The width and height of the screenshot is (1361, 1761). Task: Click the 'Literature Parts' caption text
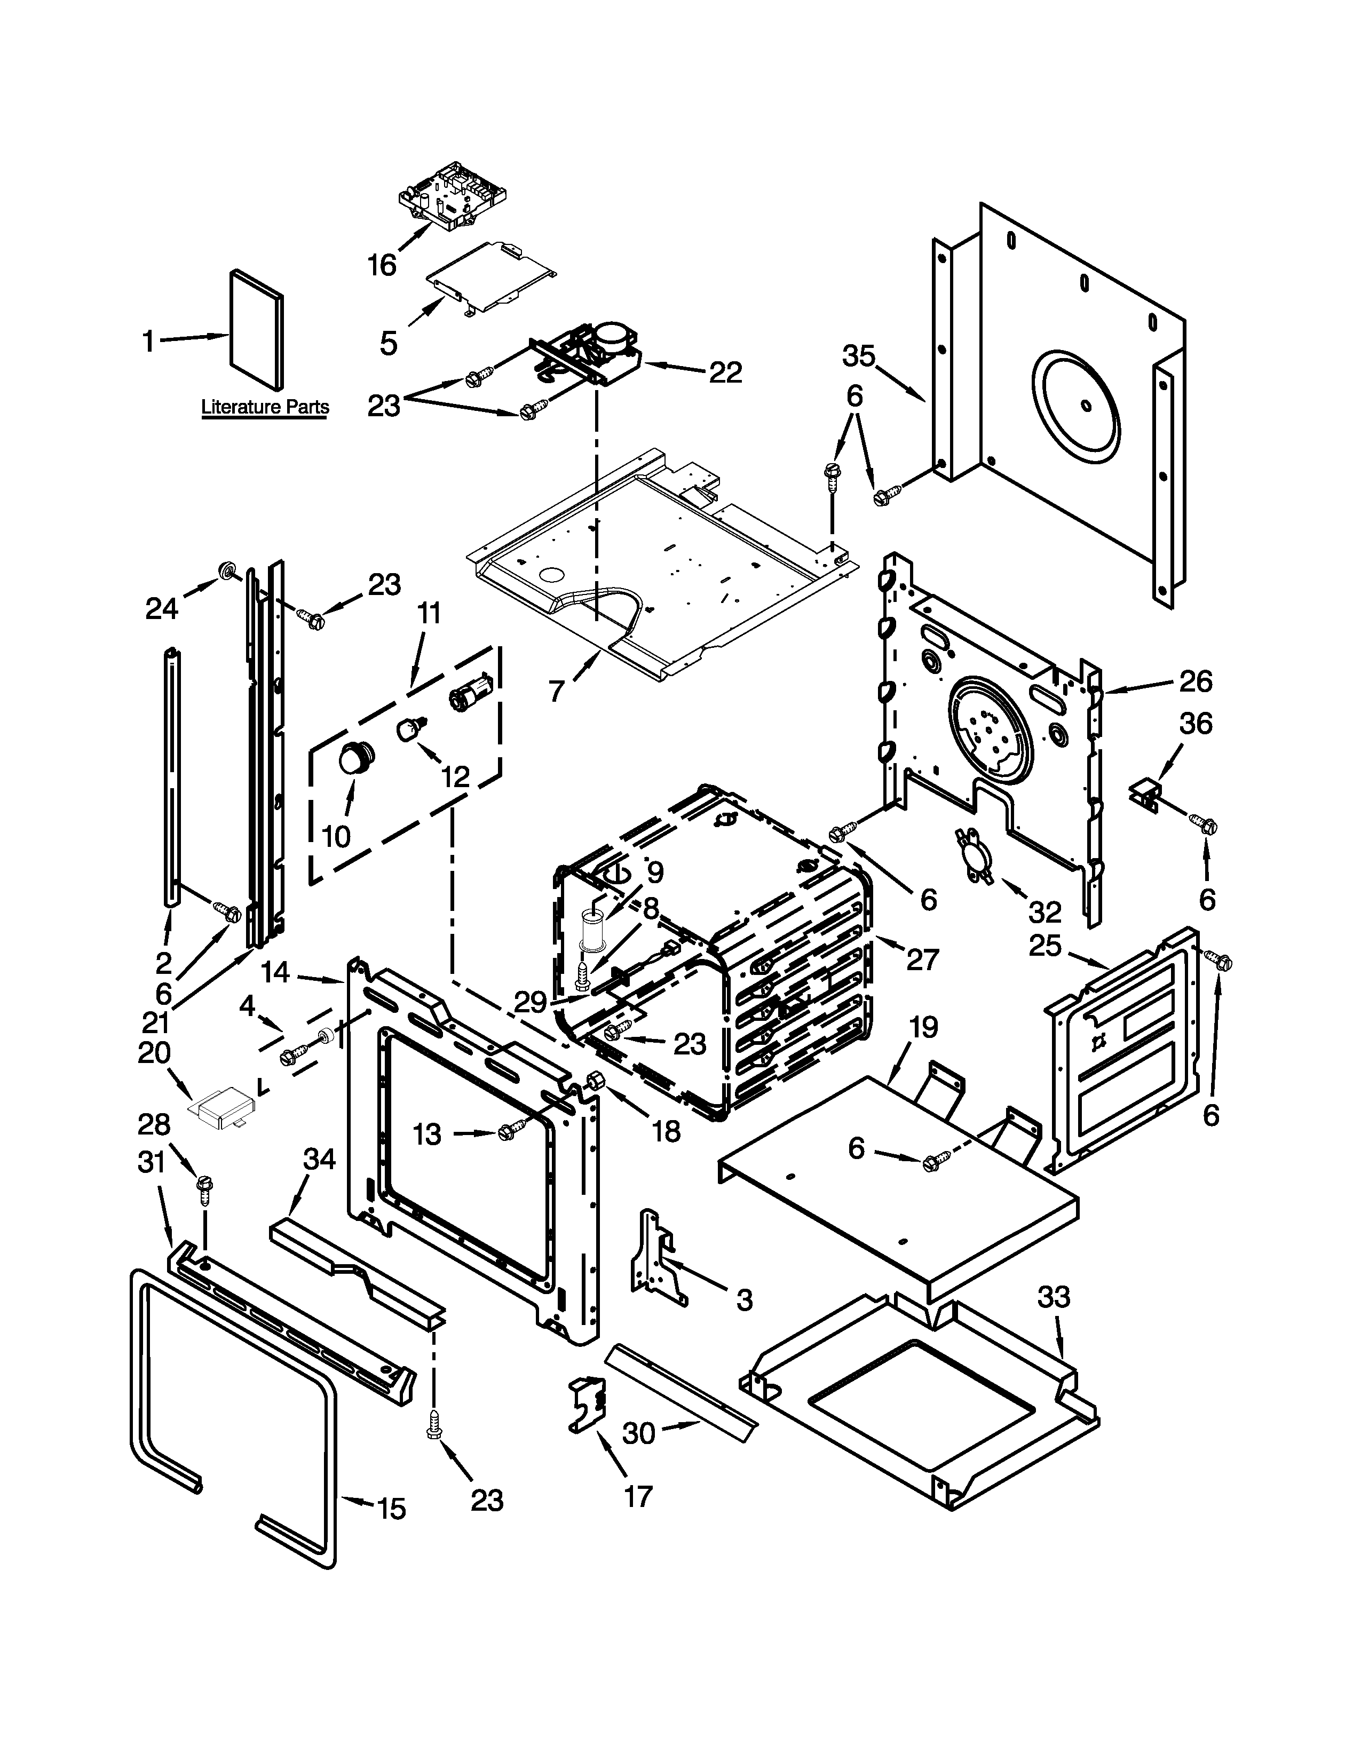264,407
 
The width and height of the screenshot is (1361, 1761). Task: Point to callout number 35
859,355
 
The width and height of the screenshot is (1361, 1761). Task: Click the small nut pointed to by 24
226,572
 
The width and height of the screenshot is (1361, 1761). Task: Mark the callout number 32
1045,912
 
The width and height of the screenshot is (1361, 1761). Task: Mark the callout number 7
556,691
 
